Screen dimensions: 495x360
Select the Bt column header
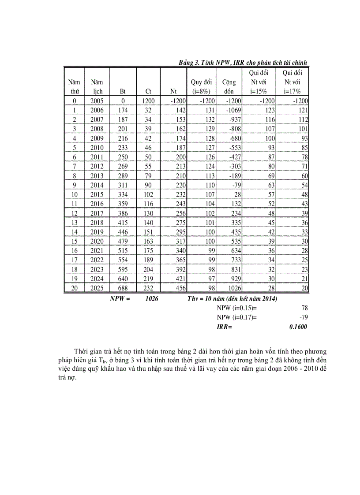click(123, 92)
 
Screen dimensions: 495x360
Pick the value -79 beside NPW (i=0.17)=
click(303, 317)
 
